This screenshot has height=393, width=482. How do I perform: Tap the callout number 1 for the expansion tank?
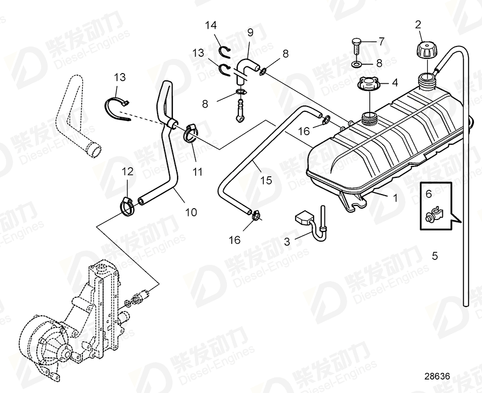(395, 198)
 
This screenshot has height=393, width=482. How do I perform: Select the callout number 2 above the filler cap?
(418, 24)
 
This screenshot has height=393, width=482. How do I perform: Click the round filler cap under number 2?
(425, 51)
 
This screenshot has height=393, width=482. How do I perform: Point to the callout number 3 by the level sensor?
(288, 242)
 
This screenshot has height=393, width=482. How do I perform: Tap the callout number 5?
(435, 255)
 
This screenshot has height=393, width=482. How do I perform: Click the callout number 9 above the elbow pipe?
(250, 32)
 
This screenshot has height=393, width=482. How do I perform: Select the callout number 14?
(211, 25)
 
